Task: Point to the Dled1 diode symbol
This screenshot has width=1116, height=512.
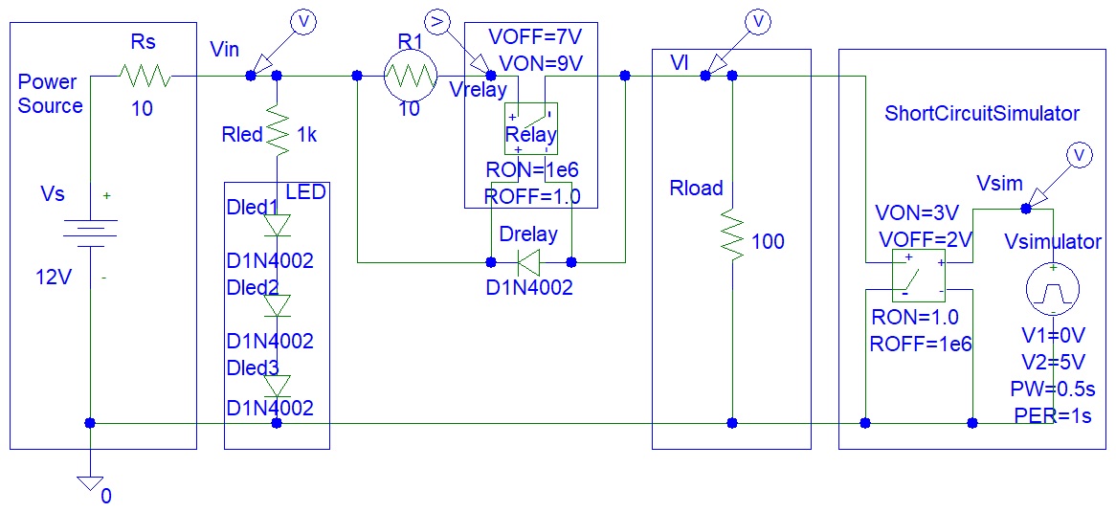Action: coord(277,225)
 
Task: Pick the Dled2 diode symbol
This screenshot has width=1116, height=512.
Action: coord(277,305)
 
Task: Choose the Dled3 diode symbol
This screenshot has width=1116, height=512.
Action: coord(277,385)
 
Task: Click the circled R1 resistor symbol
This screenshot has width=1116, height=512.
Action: coord(410,75)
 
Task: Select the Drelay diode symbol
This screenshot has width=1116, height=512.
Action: coord(529,259)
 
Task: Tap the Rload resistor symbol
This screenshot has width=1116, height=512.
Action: coord(731,235)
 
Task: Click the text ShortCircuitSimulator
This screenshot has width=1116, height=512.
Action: coord(982,114)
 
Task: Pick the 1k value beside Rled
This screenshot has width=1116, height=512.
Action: coord(306,136)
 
